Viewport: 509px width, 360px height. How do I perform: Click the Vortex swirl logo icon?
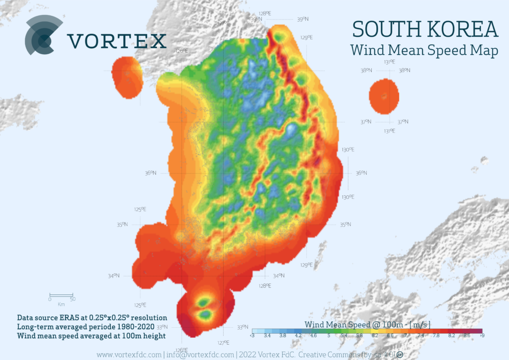(x=44, y=35)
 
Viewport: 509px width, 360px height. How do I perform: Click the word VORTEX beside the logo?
(x=117, y=41)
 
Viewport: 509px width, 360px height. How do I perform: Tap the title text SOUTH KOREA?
(x=425, y=30)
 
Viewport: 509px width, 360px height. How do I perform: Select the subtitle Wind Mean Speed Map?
(x=424, y=50)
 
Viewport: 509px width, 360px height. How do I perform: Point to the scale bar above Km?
(x=61, y=295)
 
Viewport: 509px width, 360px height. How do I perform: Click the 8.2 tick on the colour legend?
(x=451, y=336)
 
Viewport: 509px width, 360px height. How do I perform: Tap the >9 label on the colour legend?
(x=481, y=336)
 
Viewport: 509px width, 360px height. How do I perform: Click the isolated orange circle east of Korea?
(x=384, y=96)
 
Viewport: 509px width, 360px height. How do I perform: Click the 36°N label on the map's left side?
(x=151, y=173)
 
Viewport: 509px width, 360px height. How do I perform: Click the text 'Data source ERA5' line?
(x=92, y=317)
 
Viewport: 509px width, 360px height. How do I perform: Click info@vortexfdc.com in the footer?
(x=200, y=355)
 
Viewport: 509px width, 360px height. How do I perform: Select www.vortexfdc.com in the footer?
(x=129, y=355)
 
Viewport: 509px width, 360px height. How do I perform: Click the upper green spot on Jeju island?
(x=203, y=302)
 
